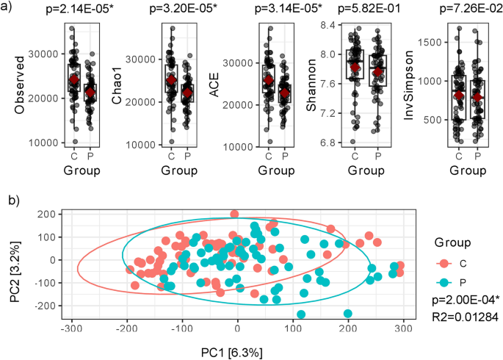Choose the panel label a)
(x=9, y=9)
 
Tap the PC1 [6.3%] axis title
(x=237, y=350)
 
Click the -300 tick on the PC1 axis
(x=71, y=328)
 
